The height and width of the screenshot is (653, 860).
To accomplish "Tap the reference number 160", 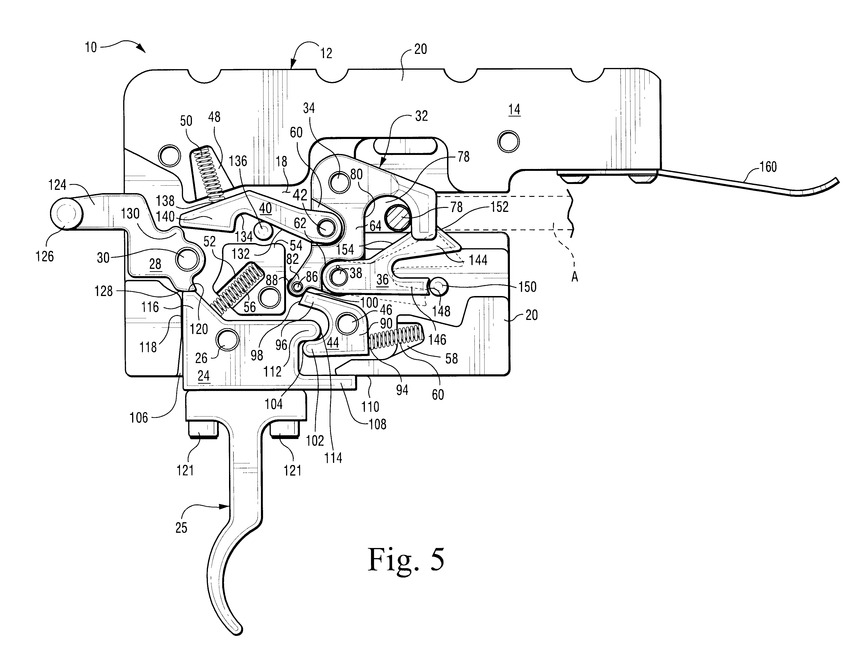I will coord(768,167).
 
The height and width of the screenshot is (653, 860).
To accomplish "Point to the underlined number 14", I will coord(514,110).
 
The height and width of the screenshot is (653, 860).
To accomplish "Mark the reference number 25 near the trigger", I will coord(181,527).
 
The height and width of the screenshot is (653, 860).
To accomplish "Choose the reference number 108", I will coord(378,424).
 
